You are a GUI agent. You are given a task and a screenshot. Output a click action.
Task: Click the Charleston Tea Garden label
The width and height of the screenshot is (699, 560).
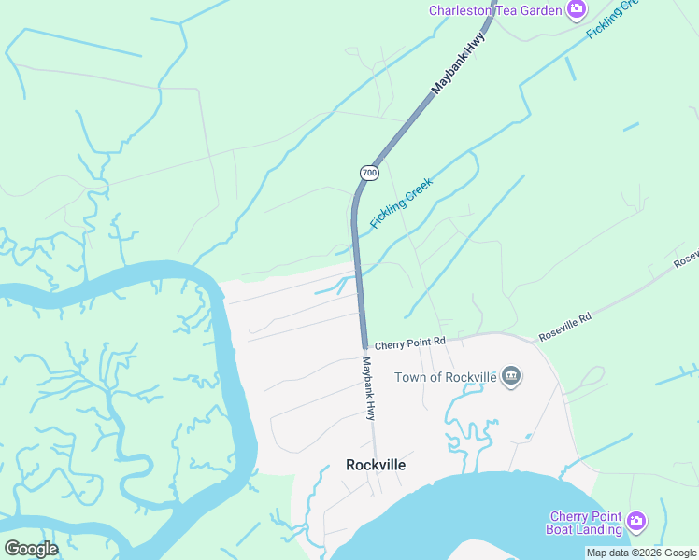coord(495,11)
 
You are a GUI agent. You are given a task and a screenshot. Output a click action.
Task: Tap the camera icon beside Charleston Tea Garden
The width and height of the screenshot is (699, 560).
coord(577,10)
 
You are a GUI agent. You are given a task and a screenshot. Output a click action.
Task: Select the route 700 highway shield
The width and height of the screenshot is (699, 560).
coord(369,173)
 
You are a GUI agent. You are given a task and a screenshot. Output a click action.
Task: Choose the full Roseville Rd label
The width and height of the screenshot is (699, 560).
coord(565,327)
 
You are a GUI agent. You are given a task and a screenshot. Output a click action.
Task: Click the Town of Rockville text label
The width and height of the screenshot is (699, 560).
coord(444,377)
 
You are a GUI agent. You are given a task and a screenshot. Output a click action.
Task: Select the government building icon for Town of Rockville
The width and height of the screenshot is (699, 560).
coord(511,377)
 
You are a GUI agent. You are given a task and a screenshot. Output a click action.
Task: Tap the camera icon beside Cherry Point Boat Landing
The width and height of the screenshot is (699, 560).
coord(636,520)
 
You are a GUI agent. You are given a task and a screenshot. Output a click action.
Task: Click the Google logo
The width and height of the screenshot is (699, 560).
coord(31,549)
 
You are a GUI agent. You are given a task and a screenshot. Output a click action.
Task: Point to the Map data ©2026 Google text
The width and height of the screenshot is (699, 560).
coord(641,553)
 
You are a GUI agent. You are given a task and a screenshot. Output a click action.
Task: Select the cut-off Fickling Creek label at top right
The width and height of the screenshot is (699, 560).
coord(611,19)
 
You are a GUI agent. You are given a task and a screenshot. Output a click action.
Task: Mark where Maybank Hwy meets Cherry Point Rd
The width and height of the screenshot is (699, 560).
coord(364,345)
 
